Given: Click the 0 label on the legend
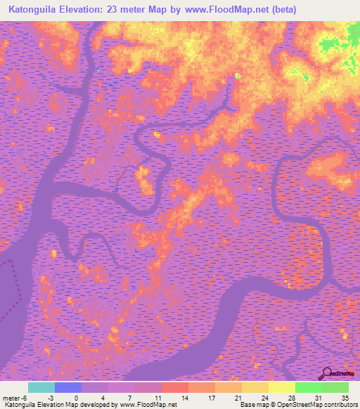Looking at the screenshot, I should click(x=82, y=397).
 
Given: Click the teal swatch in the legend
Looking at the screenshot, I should click(x=41, y=387).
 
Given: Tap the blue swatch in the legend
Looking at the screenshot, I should click(x=68, y=387).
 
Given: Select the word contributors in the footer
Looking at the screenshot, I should click(x=342, y=405).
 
